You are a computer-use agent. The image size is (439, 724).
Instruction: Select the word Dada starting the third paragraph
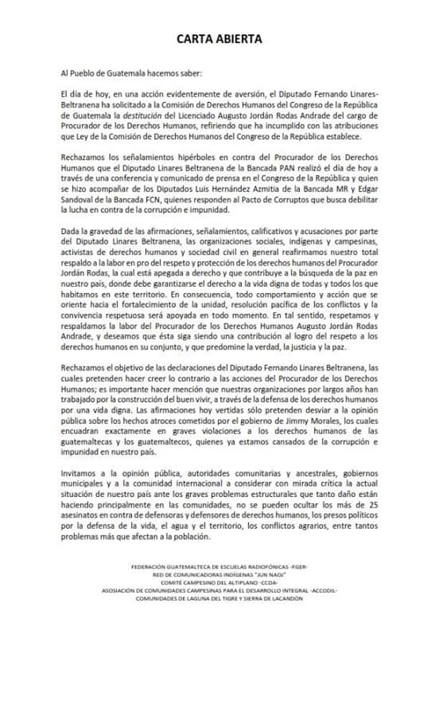tap(71, 231)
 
